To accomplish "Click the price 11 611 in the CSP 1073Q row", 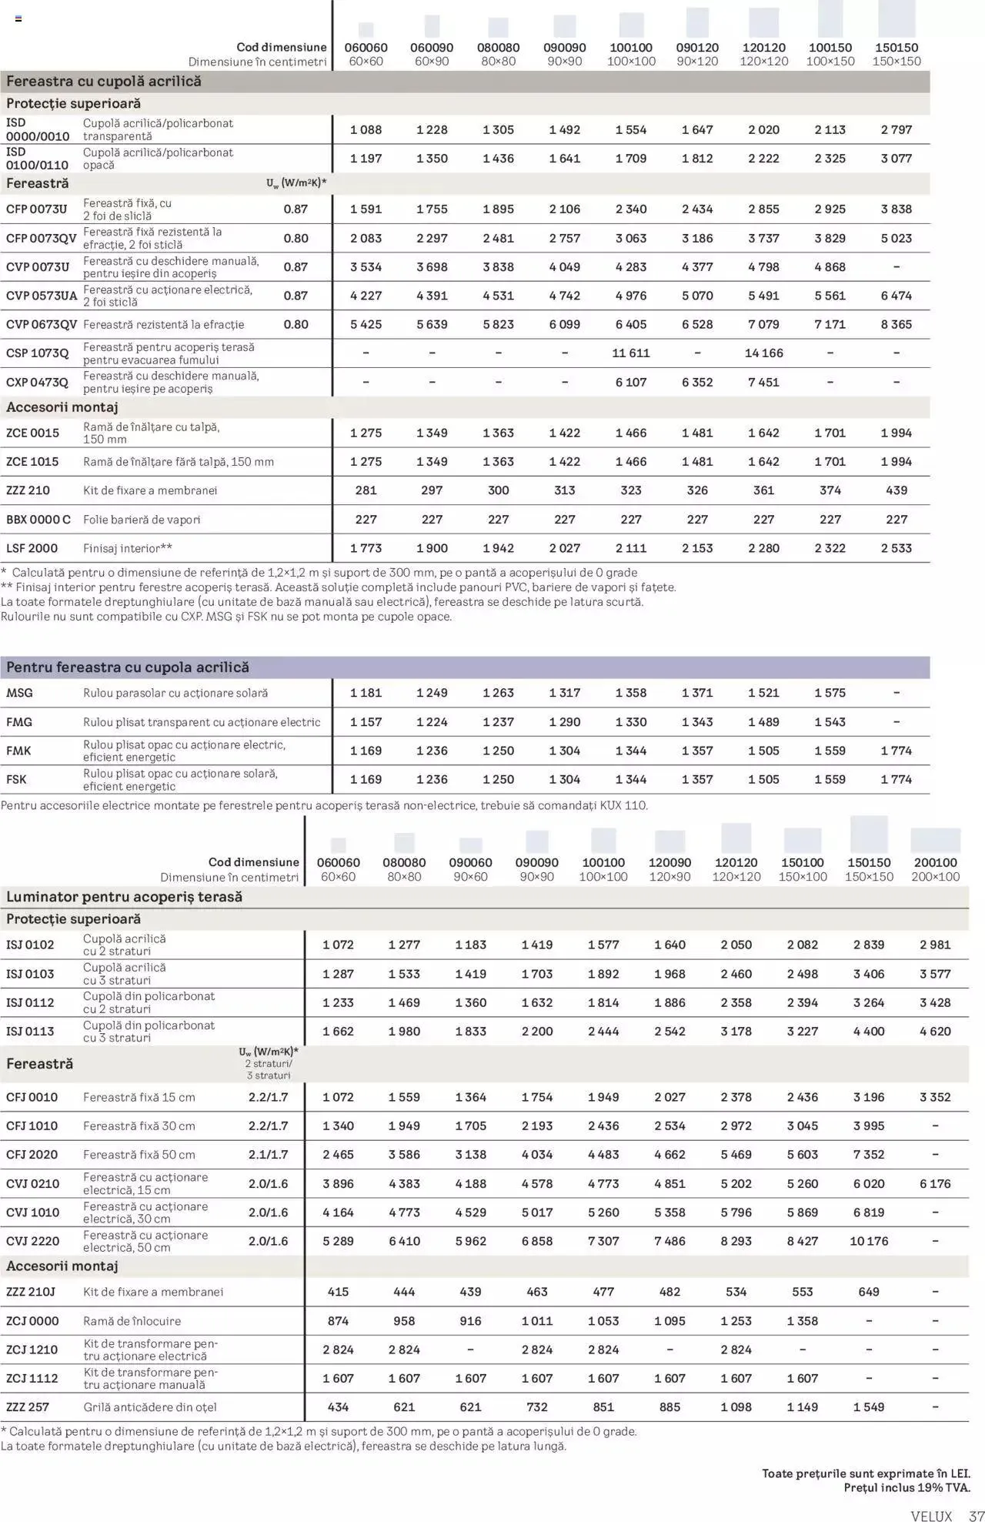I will (x=631, y=353).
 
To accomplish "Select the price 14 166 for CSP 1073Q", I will (x=763, y=353).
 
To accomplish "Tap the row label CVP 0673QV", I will (x=42, y=325).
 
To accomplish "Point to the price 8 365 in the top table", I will (x=897, y=325).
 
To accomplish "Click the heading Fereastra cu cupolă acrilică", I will (x=104, y=82).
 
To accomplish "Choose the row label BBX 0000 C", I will (x=38, y=520).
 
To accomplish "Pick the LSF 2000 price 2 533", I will (x=897, y=549).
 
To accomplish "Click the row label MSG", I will (x=20, y=694).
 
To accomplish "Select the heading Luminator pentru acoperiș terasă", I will (x=124, y=897).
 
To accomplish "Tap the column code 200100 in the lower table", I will (x=935, y=863).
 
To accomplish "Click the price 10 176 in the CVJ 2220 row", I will (x=869, y=1242).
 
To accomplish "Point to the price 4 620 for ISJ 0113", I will (x=935, y=1032).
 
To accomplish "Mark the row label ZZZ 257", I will (x=28, y=1407).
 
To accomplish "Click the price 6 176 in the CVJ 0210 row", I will (x=935, y=1184).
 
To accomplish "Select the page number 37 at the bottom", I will (x=977, y=1516).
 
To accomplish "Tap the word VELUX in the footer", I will (x=931, y=1516).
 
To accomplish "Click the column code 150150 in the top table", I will (x=897, y=48).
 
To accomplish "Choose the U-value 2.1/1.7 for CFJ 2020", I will (x=268, y=1155).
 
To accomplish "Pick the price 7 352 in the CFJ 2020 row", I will (x=869, y=1155).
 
